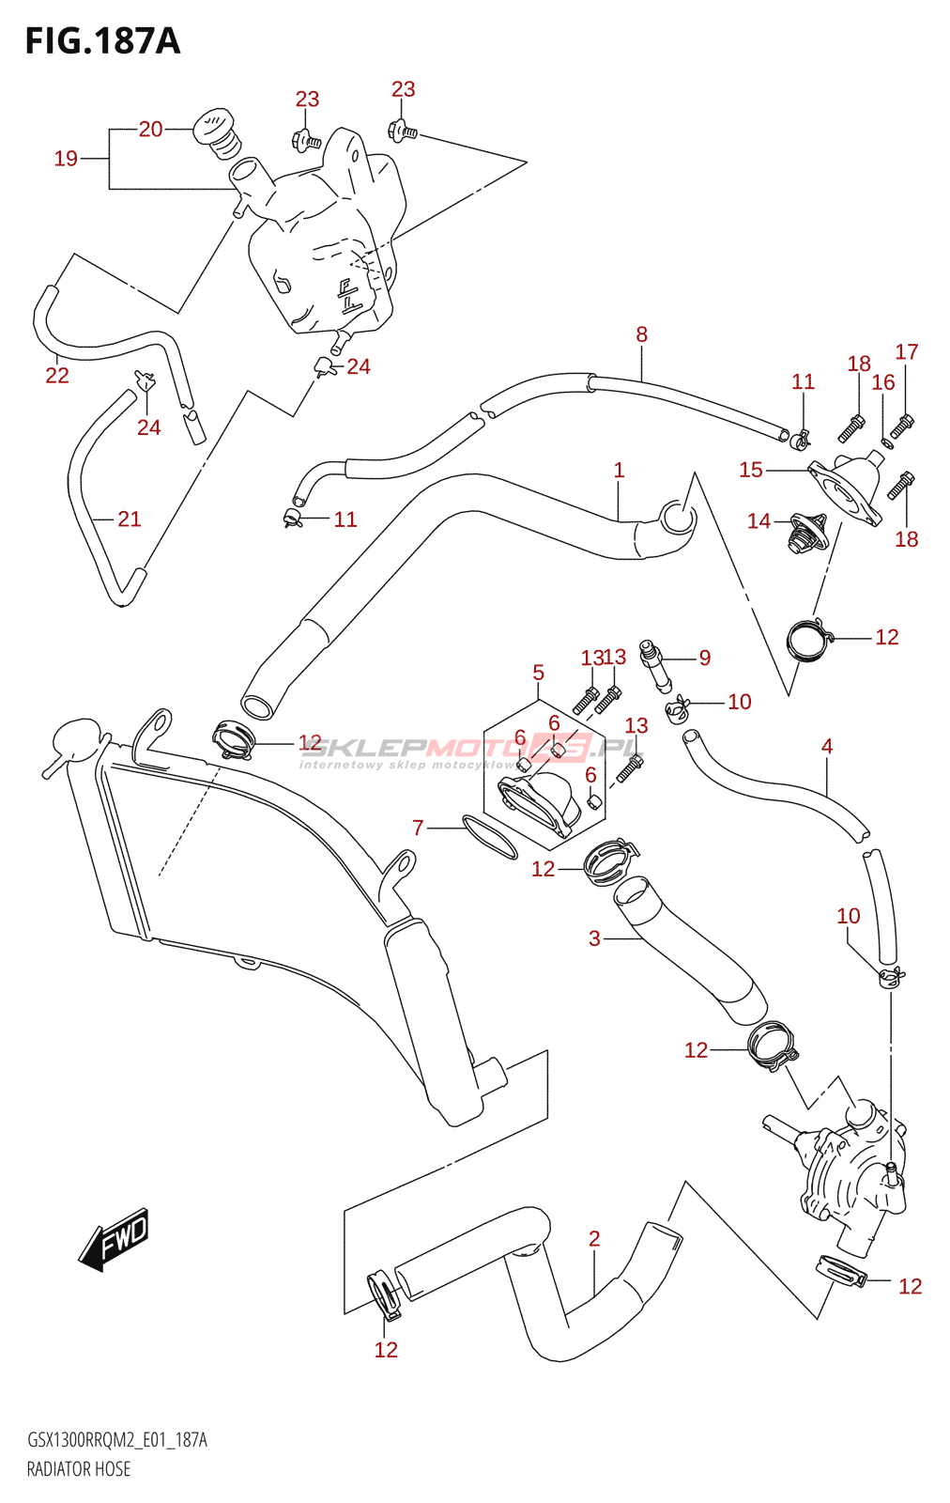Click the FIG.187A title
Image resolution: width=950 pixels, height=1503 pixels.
(x=102, y=41)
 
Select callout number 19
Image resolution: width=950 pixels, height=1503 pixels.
(x=66, y=159)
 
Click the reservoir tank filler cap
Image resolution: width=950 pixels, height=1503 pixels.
(x=216, y=131)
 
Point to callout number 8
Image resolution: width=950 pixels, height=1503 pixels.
(x=641, y=334)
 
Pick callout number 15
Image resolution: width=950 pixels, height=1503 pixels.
(x=751, y=470)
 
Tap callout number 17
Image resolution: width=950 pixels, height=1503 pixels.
(x=906, y=352)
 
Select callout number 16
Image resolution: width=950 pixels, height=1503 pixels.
(x=882, y=382)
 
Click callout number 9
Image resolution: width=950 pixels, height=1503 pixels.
(x=705, y=658)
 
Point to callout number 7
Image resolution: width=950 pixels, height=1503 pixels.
(x=419, y=828)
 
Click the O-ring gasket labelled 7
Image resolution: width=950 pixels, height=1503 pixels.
(x=490, y=837)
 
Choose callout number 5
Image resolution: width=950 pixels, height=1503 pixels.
(x=538, y=673)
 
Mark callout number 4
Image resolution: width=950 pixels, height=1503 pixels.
(x=826, y=747)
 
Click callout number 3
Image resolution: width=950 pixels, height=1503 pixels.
(x=594, y=938)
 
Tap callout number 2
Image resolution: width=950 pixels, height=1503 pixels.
(x=594, y=1239)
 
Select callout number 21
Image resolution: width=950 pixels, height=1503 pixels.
(x=130, y=519)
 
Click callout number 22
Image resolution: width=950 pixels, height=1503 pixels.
(x=57, y=376)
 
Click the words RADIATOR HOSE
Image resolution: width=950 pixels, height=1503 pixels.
(x=79, y=1469)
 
